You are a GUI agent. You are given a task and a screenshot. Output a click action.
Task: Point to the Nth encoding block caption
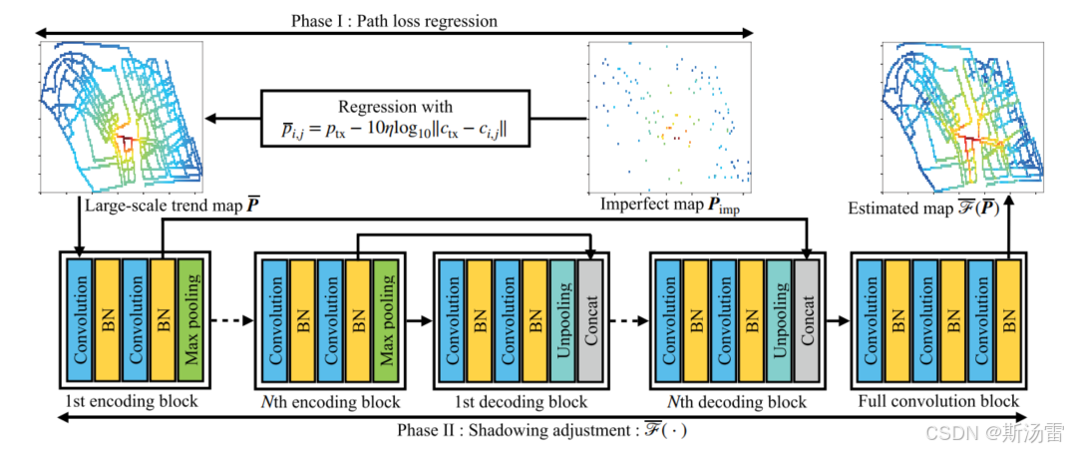pos(331,402)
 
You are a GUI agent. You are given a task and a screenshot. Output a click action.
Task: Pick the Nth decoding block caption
pos(736,402)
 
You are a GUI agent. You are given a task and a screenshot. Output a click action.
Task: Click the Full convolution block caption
pos(938,402)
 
